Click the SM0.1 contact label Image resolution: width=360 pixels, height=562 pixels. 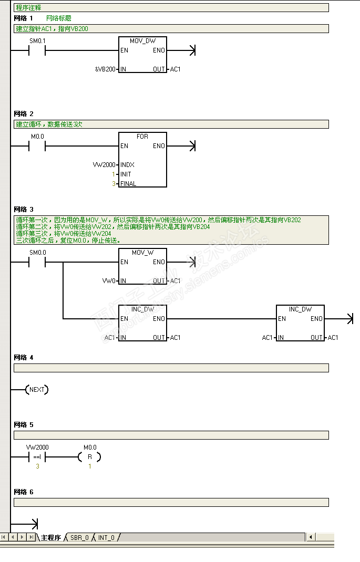pos(37,41)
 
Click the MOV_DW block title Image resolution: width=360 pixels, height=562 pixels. pos(142,41)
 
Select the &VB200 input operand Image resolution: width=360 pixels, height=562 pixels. pos(106,69)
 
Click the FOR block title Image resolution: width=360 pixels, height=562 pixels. pos(142,137)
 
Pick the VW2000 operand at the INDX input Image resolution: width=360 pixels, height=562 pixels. pos(104,165)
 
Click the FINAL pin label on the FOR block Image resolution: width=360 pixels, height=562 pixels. pos(128,184)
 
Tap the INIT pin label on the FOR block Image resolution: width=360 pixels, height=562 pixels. pos(126,174)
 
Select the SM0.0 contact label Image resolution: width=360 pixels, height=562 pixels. pos(37,253)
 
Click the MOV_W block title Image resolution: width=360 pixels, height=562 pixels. pos(142,253)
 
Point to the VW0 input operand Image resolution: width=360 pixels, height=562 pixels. pos(109,281)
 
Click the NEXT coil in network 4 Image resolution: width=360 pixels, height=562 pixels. pos(37,390)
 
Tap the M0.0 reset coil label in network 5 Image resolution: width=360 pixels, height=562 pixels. pos(90,448)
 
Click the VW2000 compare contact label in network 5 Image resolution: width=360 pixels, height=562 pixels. pos(37,447)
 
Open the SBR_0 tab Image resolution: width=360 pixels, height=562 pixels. pos(79,538)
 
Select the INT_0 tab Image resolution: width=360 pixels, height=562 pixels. pos(106,538)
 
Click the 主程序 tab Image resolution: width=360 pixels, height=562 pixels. pos(51,538)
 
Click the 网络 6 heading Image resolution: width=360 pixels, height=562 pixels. pos(24,492)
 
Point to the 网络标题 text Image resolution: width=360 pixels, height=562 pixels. pos(59,18)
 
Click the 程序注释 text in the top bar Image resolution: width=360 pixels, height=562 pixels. pos(28,8)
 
